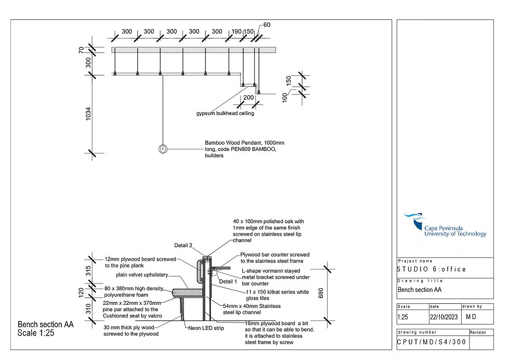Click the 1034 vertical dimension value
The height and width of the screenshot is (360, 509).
coord(88,115)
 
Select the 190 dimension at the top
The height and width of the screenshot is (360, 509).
coord(237,32)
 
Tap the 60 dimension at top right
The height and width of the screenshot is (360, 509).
coord(267,25)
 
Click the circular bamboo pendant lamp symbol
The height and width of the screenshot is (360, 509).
coord(163,149)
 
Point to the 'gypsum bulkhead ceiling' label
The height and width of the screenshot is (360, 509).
coord(225,113)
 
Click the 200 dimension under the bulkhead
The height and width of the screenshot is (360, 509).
coord(249,98)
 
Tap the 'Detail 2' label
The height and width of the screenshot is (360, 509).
coord(183,245)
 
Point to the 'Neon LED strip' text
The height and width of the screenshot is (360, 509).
coord(205,328)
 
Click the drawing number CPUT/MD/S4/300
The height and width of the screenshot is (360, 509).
coord(432,342)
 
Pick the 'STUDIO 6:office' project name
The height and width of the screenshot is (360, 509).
coord(432,269)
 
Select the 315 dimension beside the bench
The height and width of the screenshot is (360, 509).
coord(88,271)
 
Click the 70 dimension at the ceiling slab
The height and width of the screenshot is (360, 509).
coord(81,50)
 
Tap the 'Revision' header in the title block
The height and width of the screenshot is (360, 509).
coord(478,332)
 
